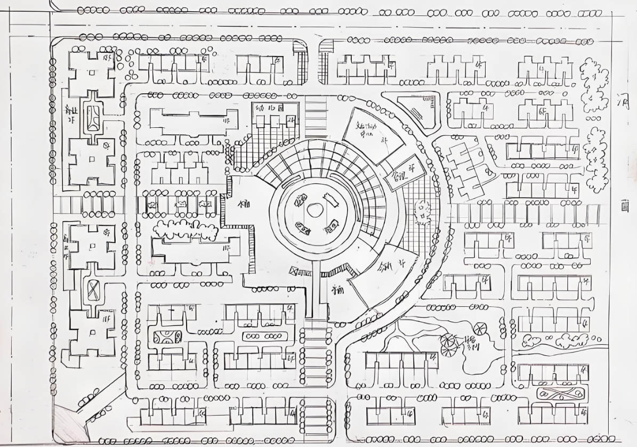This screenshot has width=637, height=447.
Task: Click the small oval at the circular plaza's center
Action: tap(315, 210)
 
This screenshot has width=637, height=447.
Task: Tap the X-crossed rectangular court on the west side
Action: tap(94, 290)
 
